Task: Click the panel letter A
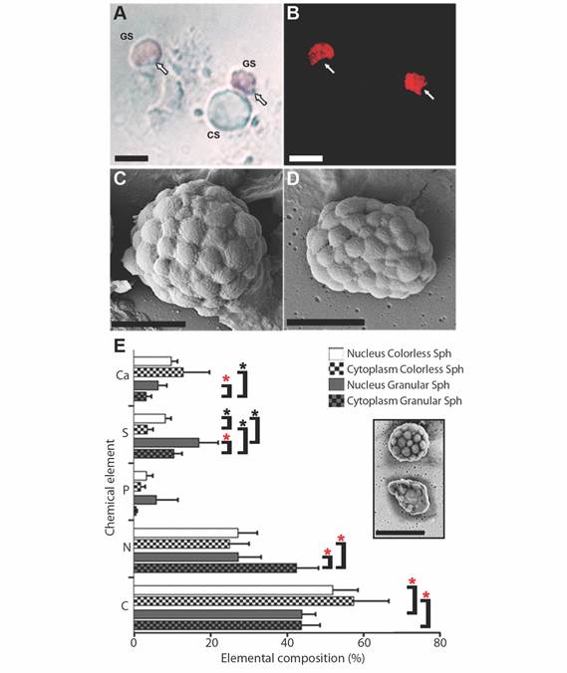(x=120, y=13)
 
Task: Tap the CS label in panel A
(x=213, y=134)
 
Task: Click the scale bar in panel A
(x=132, y=158)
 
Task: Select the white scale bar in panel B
(x=306, y=158)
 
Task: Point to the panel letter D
(x=293, y=178)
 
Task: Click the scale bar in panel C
(x=148, y=324)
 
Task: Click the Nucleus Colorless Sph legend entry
(x=390, y=353)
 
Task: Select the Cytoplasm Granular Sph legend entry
(x=396, y=401)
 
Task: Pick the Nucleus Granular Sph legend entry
(x=390, y=385)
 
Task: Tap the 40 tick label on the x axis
(x=287, y=642)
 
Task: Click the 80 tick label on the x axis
(x=439, y=642)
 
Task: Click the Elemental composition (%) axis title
(x=293, y=658)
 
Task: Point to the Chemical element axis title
(x=111, y=487)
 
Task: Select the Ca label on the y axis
(x=123, y=375)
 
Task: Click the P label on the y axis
(x=126, y=490)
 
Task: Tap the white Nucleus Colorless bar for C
(x=233, y=590)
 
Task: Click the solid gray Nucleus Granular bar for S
(x=166, y=442)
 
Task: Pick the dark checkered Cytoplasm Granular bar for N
(x=215, y=567)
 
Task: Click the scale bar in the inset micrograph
(x=400, y=533)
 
